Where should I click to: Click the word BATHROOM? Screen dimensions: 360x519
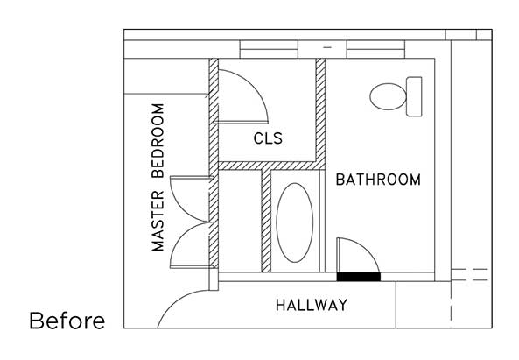tap(378, 180)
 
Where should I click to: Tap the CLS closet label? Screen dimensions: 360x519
tap(270, 138)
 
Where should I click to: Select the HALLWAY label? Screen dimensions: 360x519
tap(312, 306)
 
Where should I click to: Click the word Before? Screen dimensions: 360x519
tap(67, 321)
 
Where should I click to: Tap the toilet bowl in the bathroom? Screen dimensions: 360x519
tap(386, 96)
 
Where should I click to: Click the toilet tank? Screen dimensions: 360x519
tap(414, 96)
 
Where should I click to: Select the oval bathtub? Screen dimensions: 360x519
tap(296, 222)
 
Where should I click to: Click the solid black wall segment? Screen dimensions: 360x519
tap(358, 277)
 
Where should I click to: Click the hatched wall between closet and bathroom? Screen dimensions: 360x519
tap(320, 109)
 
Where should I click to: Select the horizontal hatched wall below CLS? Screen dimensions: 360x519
tap(267, 166)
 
